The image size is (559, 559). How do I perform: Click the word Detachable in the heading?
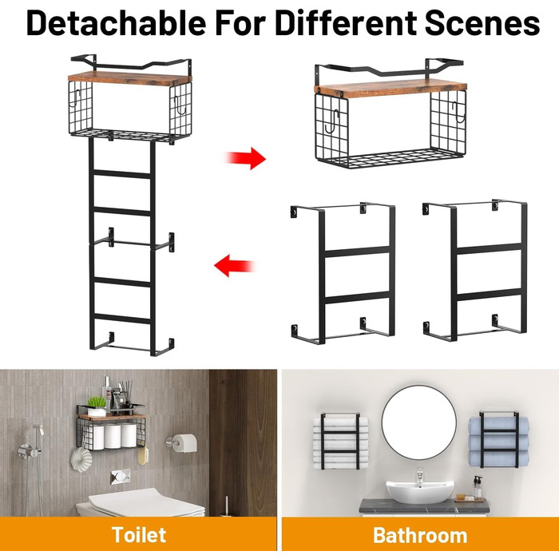click(x=116, y=22)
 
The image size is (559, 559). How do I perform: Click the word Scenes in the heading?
click(x=482, y=22)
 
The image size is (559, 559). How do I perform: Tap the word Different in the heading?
click(x=346, y=22)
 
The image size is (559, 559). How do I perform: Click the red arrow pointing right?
click(x=246, y=158)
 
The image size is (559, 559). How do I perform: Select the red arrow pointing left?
click(x=234, y=266)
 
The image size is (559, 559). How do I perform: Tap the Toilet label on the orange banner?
click(x=139, y=535)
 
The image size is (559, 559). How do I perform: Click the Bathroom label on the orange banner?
click(x=420, y=536)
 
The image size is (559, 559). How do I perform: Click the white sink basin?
click(x=420, y=491)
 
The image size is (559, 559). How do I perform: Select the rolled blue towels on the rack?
click(x=498, y=442)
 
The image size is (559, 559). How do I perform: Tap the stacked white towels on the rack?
click(x=340, y=442)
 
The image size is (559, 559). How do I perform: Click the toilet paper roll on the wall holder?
click(x=186, y=443)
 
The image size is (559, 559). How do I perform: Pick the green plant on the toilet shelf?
click(x=97, y=402)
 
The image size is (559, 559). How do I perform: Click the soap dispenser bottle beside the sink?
click(x=478, y=487)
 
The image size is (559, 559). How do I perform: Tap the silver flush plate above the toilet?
click(x=120, y=477)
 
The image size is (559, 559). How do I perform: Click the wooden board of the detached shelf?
click(x=391, y=89)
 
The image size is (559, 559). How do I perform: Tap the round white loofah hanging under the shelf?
click(x=81, y=459)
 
